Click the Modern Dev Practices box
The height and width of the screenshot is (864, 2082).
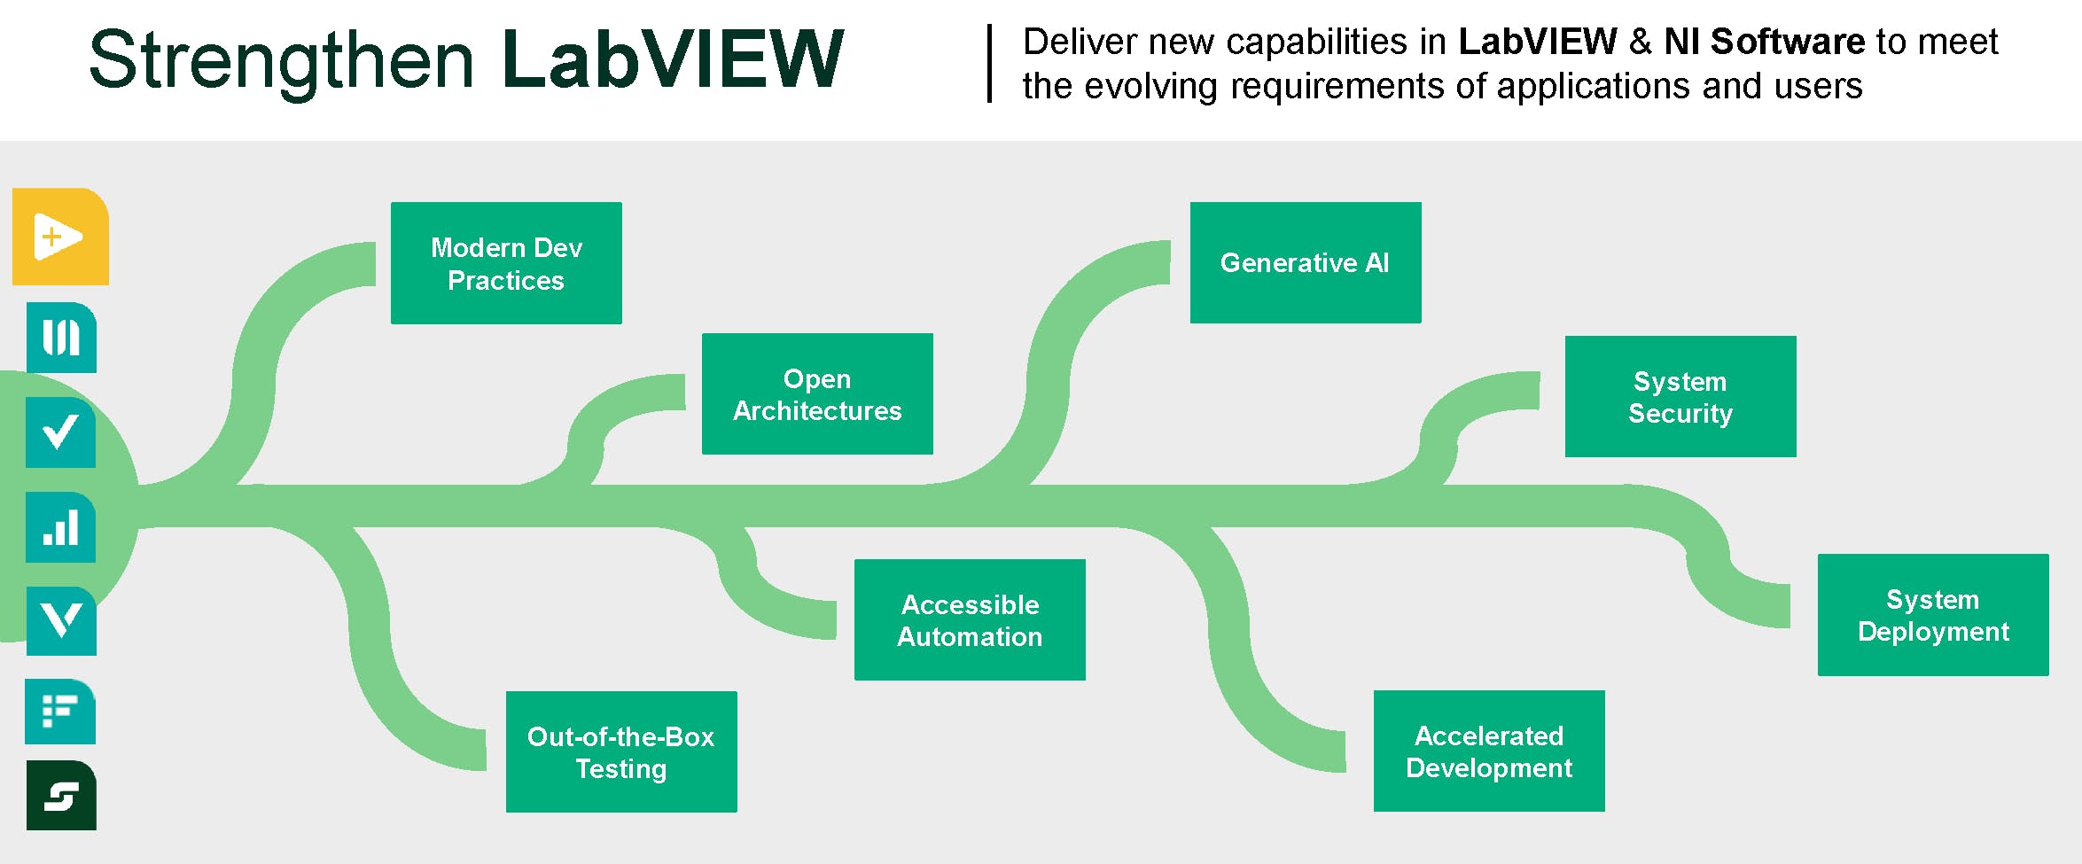click(x=506, y=263)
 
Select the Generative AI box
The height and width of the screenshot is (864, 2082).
click(x=1305, y=262)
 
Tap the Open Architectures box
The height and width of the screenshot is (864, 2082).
click(x=816, y=394)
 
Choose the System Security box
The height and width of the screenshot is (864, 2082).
click(x=1680, y=397)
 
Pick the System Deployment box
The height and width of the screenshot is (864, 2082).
click(x=1932, y=615)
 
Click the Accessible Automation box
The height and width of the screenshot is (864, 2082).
click(x=969, y=620)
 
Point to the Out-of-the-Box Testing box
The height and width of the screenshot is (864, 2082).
click(x=620, y=751)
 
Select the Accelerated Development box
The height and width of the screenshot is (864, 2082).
click(x=1488, y=751)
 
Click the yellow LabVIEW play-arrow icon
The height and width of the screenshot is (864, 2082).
click(x=60, y=237)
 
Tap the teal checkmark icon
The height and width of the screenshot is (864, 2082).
click(x=60, y=432)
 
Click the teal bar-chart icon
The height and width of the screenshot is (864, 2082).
click(x=60, y=527)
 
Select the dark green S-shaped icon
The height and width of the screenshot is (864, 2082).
click(x=60, y=796)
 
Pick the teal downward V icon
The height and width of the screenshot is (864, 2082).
click(x=60, y=621)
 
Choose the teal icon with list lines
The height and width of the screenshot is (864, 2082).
click(x=60, y=712)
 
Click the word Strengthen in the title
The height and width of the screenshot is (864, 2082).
click(x=282, y=60)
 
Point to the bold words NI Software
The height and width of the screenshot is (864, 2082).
click(x=1764, y=42)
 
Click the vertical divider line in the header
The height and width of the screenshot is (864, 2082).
click(x=989, y=64)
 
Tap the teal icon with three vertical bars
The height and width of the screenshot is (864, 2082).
click(x=60, y=338)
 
